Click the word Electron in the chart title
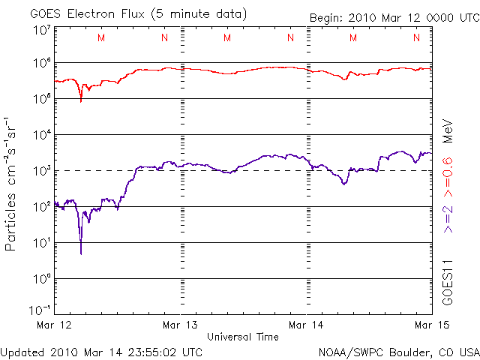click(x=88, y=14)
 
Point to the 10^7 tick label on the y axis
click(x=40, y=30)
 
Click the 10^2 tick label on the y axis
click(x=40, y=206)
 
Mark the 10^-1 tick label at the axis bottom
click(x=40, y=309)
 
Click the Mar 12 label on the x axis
click(x=55, y=325)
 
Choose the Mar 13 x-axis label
click(x=181, y=325)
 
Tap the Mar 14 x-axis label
click(x=307, y=325)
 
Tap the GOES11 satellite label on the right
click(x=448, y=282)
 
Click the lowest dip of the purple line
click(x=80, y=253)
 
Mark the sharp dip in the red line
click(x=81, y=99)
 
